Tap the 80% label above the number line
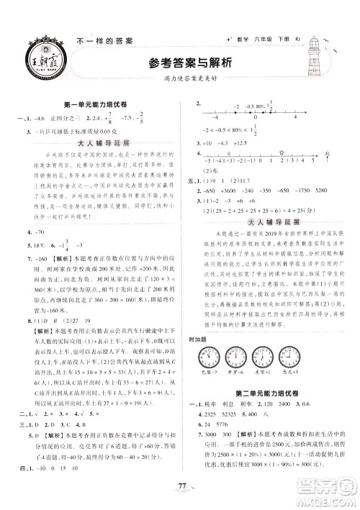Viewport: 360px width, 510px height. pyautogui.click(x=247, y=106)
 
